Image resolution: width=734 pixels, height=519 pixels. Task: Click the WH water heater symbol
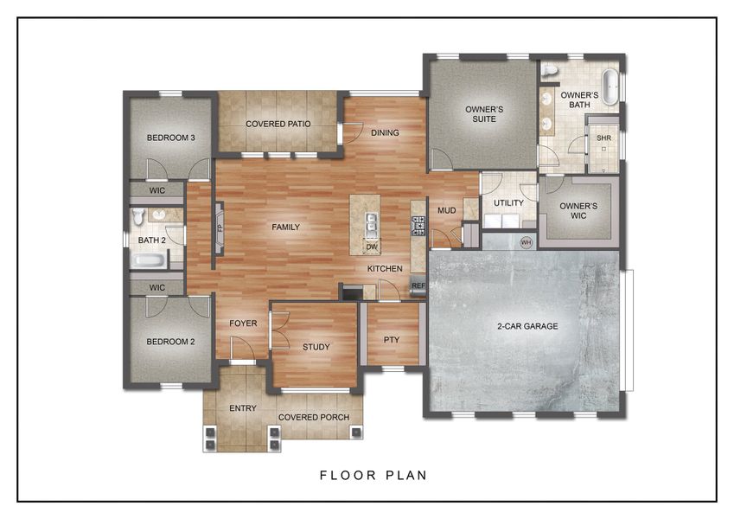(x=526, y=242)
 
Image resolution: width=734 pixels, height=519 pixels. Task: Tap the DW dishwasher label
(x=372, y=247)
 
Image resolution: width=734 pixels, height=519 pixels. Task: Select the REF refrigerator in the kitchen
(x=418, y=285)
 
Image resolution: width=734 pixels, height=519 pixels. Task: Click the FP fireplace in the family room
(x=220, y=228)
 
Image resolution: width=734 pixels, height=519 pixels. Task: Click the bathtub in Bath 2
(x=149, y=259)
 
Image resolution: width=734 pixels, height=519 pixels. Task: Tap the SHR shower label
(x=603, y=138)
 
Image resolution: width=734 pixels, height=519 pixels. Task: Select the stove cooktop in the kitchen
(x=418, y=226)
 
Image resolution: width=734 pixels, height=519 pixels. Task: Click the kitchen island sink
(x=372, y=225)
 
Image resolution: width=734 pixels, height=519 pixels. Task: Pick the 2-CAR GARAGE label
(x=527, y=326)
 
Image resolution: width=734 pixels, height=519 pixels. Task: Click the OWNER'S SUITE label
(x=484, y=114)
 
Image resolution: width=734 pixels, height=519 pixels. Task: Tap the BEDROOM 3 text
(x=170, y=138)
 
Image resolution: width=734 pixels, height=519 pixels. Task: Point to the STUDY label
(x=316, y=347)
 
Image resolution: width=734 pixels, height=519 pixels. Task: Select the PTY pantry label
(x=391, y=339)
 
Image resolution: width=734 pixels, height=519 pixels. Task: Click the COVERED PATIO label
(x=278, y=124)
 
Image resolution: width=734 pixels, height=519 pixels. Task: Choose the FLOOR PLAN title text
(x=373, y=475)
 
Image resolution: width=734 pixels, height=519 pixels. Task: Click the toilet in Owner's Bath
(x=551, y=70)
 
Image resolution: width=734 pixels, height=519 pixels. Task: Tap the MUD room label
(x=446, y=210)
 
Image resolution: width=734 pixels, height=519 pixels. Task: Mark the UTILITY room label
(x=508, y=203)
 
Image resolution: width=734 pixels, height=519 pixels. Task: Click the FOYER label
(x=243, y=324)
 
